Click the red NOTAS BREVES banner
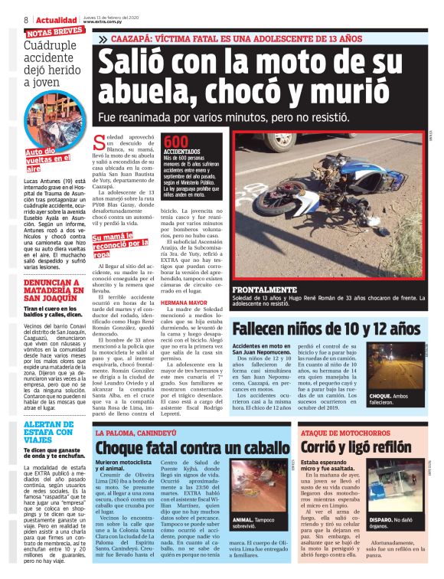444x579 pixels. click(x=56, y=33)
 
